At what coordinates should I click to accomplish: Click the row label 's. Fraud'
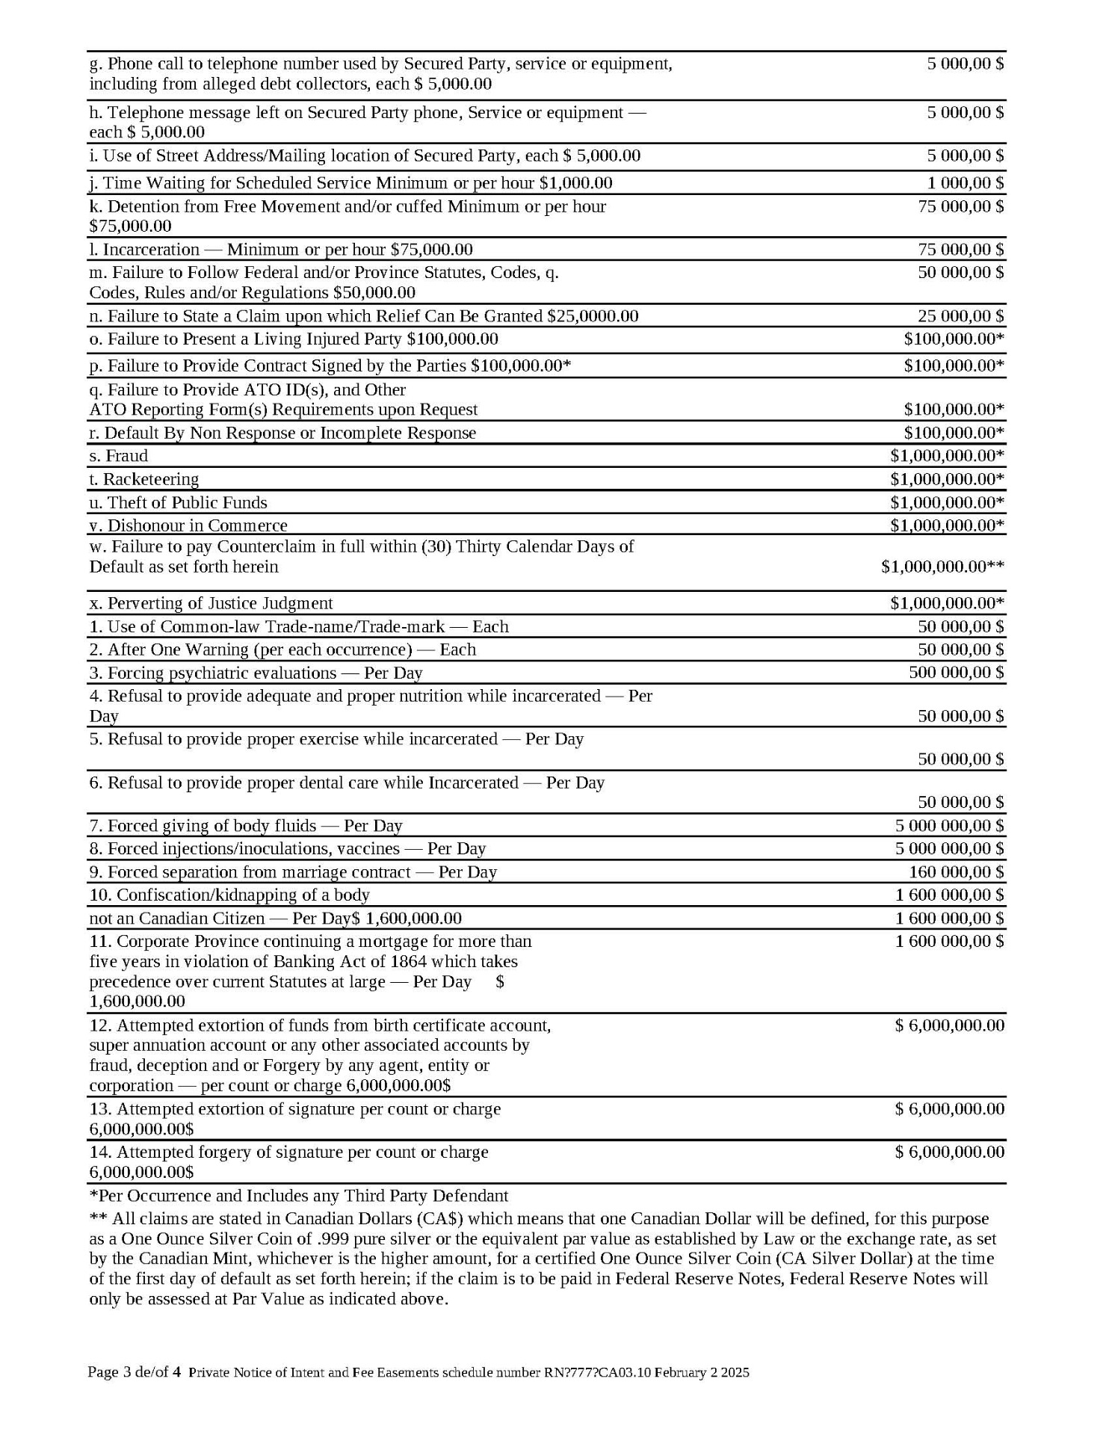(118, 456)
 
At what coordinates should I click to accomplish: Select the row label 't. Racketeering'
(143, 479)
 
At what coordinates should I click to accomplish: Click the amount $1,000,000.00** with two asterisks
(942, 567)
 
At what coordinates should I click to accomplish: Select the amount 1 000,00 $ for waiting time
(965, 183)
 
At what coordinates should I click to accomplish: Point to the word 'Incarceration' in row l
(151, 250)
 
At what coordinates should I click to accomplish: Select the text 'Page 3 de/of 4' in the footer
(134, 1372)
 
